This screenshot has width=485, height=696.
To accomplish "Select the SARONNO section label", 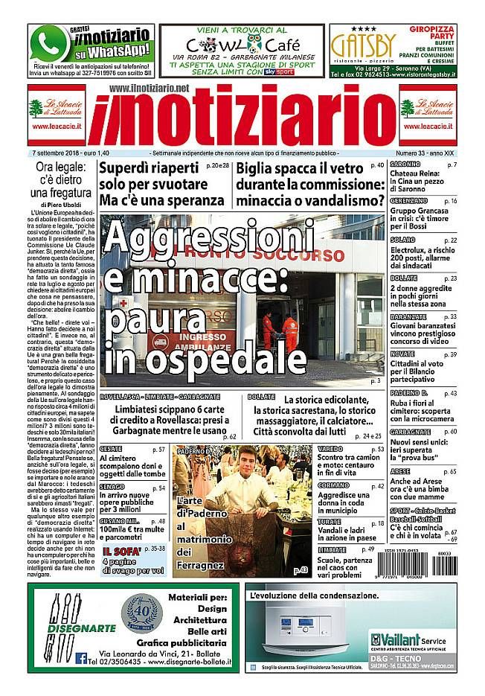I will tap(405, 164).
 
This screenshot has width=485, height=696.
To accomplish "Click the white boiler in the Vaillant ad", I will tap(321, 629).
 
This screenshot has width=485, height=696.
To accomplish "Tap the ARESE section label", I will tap(402, 471).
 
